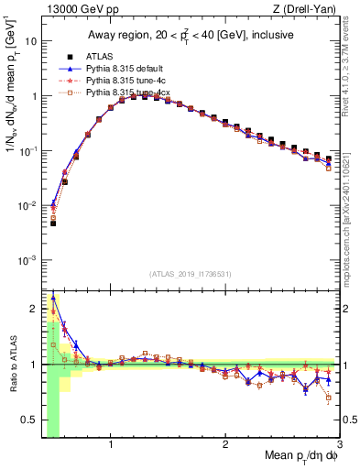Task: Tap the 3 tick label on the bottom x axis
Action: (339, 445)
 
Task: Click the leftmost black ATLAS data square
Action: (53, 223)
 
